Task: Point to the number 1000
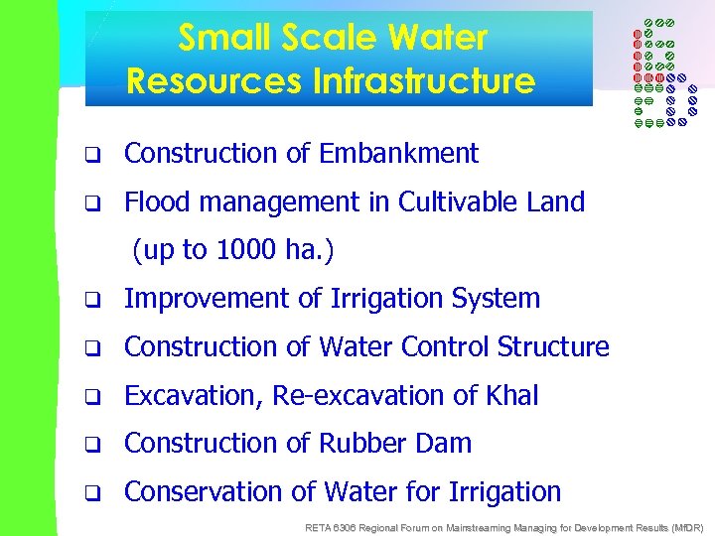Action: [x=240, y=250]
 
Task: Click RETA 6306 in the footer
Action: [x=330, y=526]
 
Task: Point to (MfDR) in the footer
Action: [x=683, y=526]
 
